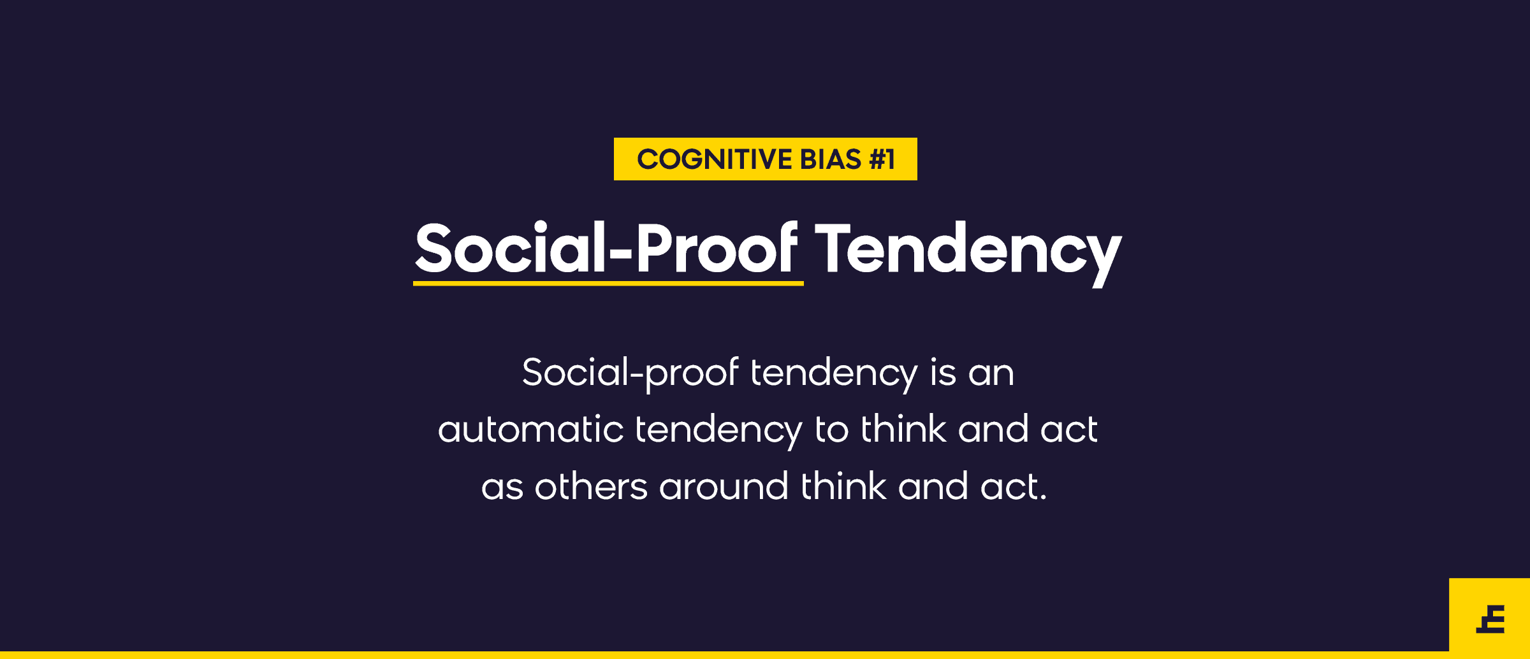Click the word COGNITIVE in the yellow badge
(715, 159)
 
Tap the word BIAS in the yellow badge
(831, 159)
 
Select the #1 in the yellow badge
(882, 159)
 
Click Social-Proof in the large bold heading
(606, 248)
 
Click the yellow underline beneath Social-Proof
(608, 283)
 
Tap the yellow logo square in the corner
(1489, 615)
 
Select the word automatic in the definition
(530, 429)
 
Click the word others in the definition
(591, 486)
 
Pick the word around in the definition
(724, 486)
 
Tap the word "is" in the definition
(943, 372)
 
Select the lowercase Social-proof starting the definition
(630, 373)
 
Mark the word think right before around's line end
(843, 486)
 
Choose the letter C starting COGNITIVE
(648, 159)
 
